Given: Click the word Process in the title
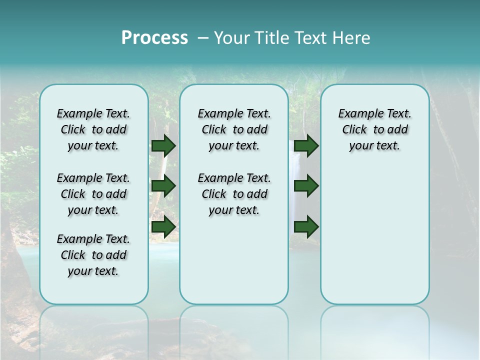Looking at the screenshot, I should pyautogui.click(x=154, y=38).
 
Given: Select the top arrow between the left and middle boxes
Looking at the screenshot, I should pyautogui.click(x=163, y=145).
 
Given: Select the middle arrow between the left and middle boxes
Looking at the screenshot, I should pyautogui.click(x=163, y=186).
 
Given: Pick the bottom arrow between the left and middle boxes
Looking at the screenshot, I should pyautogui.click(x=163, y=226).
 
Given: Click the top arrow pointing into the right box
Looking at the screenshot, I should pyautogui.click(x=306, y=145).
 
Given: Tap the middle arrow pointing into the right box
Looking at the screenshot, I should pyautogui.click(x=306, y=186).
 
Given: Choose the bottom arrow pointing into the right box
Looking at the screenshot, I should pyautogui.click(x=306, y=226).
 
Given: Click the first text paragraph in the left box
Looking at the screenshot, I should pyautogui.click(x=93, y=129).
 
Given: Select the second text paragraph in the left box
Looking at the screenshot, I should pyautogui.click(x=93, y=194).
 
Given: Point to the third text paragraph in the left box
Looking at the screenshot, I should pyautogui.click(x=93, y=255).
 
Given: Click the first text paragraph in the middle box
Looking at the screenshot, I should pyautogui.click(x=234, y=129).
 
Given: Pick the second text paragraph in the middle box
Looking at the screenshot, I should pyautogui.click(x=234, y=194).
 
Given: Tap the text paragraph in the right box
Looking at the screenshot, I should pyautogui.click(x=375, y=129).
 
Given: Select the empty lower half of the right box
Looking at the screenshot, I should pyautogui.click(x=375, y=240).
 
